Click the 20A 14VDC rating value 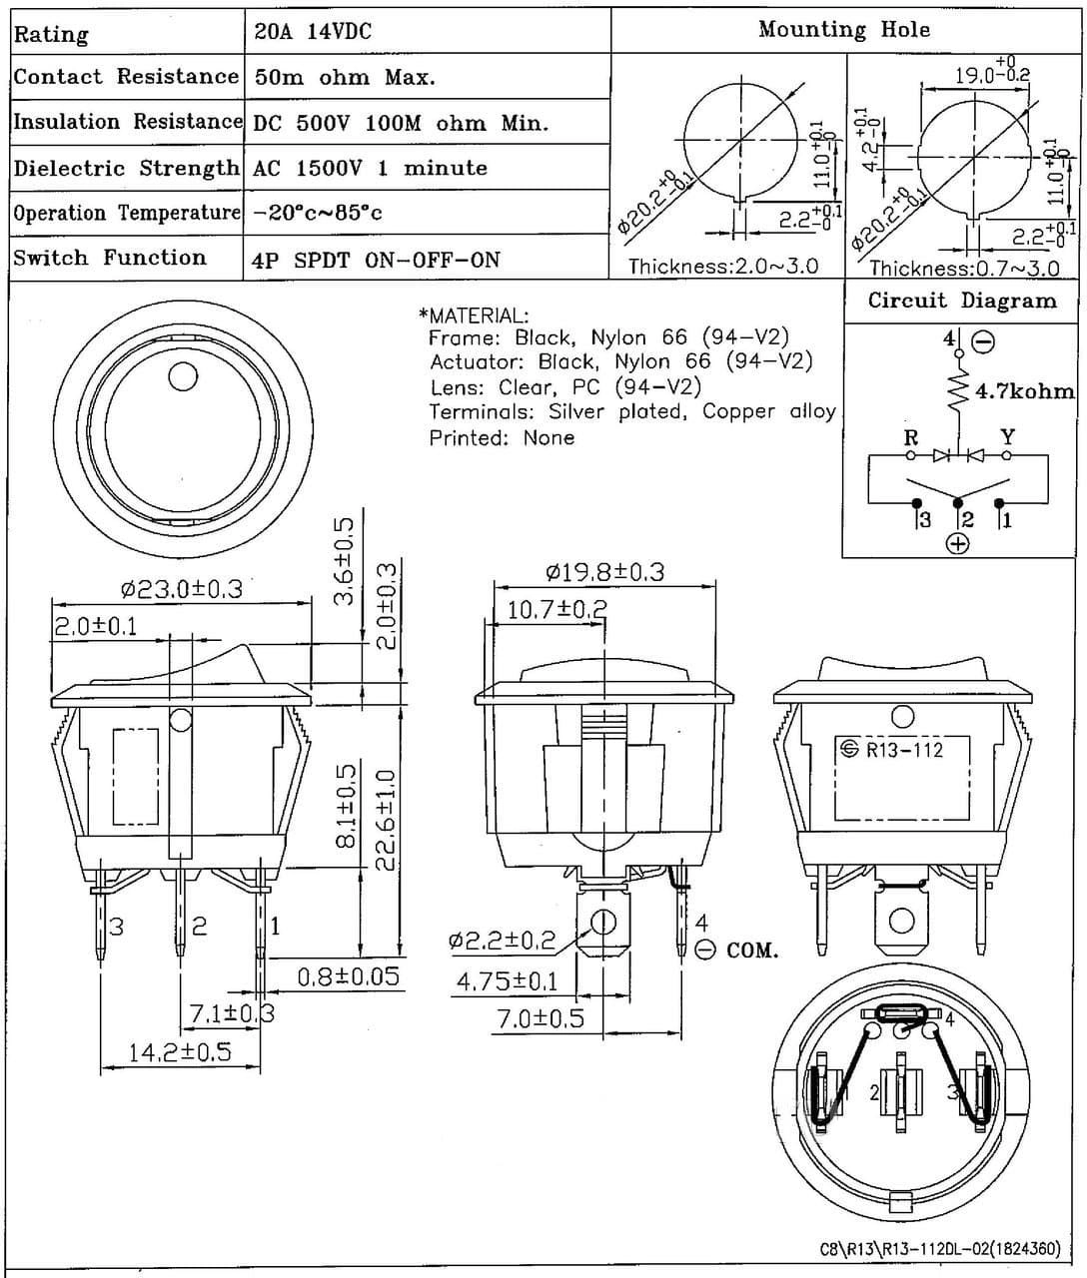(312, 32)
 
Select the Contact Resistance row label (126, 77)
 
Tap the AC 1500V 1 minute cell (371, 168)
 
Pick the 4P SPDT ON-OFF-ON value (377, 260)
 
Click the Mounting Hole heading (843, 30)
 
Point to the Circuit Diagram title (961, 301)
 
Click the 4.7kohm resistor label (1024, 391)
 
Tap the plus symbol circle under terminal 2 (957, 543)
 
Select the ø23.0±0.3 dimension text (181, 588)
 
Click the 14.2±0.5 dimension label (180, 1051)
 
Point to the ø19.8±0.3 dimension (605, 572)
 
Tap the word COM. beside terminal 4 (751, 951)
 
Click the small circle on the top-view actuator (183, 376)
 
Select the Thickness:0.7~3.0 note (964, 268)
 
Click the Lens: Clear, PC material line (564, 386)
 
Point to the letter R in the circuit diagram (910, 437)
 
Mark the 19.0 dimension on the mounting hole (991, 73)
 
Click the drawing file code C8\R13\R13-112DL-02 (940, 1249)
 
